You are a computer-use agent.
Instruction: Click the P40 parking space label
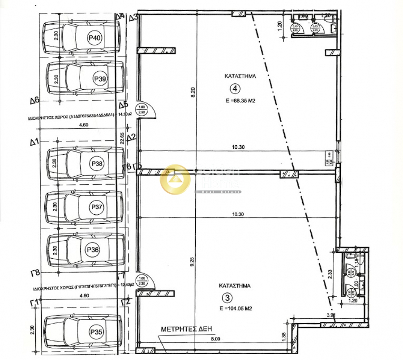[94, 39]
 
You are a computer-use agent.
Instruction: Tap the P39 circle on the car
[100, 79]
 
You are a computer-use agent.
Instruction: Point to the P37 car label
[97, 207]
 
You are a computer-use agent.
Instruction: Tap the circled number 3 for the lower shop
[228, 297]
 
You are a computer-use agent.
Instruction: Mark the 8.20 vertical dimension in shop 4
[193, 92]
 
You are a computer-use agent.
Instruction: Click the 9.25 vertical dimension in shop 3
[193, 264]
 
